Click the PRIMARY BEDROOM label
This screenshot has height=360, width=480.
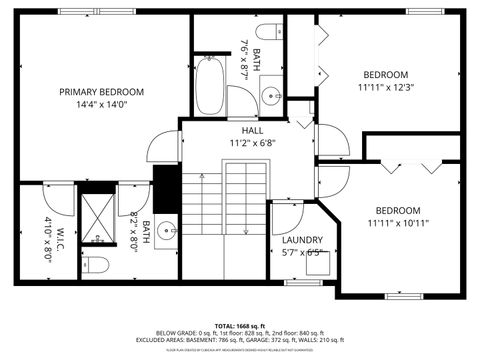(x=101, y=92)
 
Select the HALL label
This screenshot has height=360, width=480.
(x=252, y=130)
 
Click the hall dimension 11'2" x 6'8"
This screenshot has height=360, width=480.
(x=252, y=143)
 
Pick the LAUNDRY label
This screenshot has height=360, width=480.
(x=302, y=240)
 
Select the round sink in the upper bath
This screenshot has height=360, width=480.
(x=270, y=97)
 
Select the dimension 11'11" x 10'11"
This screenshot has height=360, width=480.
(x=398, y=224)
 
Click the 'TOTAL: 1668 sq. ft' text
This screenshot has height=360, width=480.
(x=240, y=326)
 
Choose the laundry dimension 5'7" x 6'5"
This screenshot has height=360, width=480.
(x=302, y=253)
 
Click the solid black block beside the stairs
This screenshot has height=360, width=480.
(x=166, y=187)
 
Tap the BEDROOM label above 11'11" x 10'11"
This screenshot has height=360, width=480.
(x=398, y=210)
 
